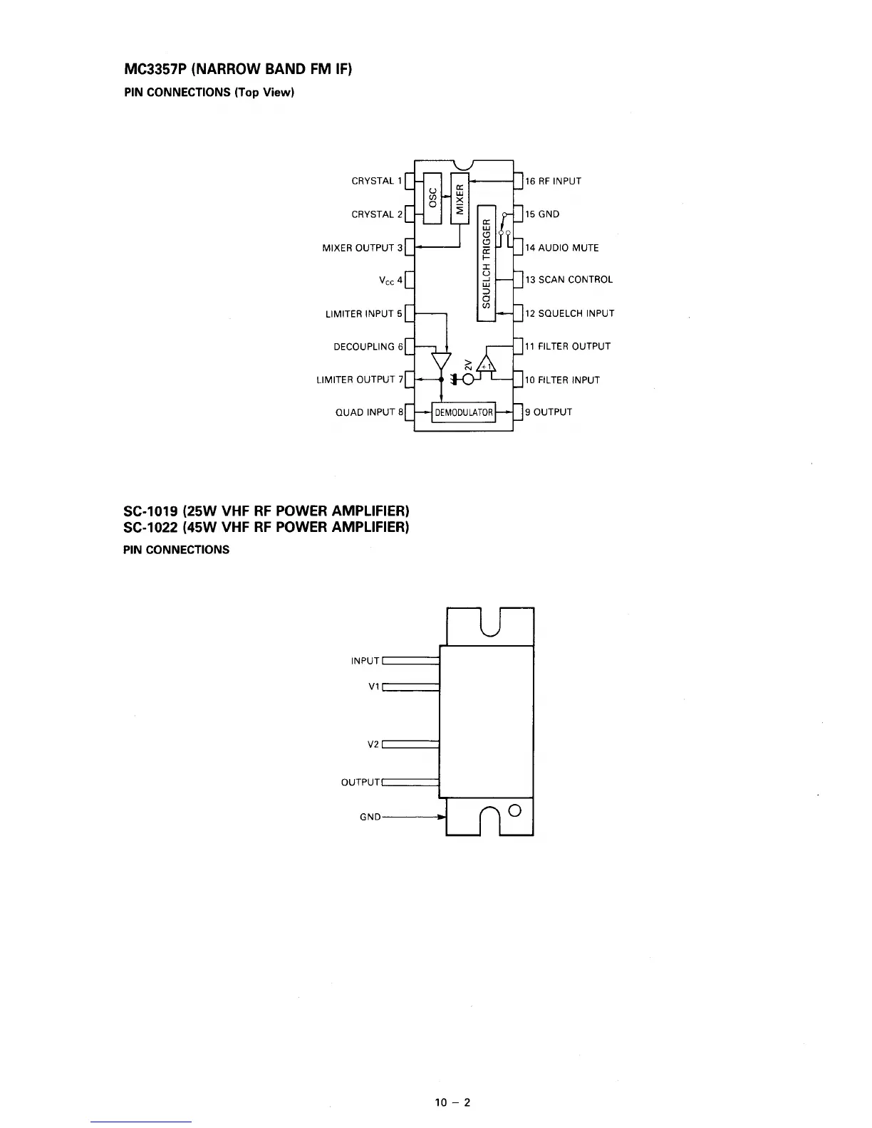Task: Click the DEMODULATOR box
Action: [x=464, y=412]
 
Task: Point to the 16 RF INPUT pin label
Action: [x=553, y=181]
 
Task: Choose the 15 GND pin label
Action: [x=542, y=214]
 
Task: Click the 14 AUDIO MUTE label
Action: [x=562, y=248]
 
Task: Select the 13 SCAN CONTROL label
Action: [x=569, y=280]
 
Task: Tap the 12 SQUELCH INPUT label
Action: [x=569, y=313]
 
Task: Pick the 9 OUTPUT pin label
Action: [x=549, y=412]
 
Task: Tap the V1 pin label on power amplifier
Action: [x=374, y=687]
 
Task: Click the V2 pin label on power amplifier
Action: [x=373, y=745]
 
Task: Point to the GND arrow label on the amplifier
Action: [x=370, y=817]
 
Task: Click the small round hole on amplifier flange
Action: [x=516, y=810]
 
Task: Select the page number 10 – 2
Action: [x=453, y=1103]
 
